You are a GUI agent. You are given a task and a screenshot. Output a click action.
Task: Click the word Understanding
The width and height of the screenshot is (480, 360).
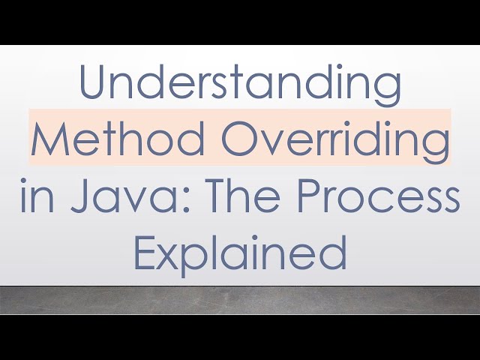point(240,84)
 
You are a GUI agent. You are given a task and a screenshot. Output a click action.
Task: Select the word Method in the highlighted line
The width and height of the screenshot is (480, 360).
point(100,139)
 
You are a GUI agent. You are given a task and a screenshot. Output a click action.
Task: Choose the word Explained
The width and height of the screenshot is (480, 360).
point(240,253)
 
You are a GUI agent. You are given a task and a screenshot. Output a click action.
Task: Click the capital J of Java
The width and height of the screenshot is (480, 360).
point(77,196)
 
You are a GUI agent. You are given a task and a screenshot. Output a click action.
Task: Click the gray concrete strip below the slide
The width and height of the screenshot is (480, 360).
point(240,300)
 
